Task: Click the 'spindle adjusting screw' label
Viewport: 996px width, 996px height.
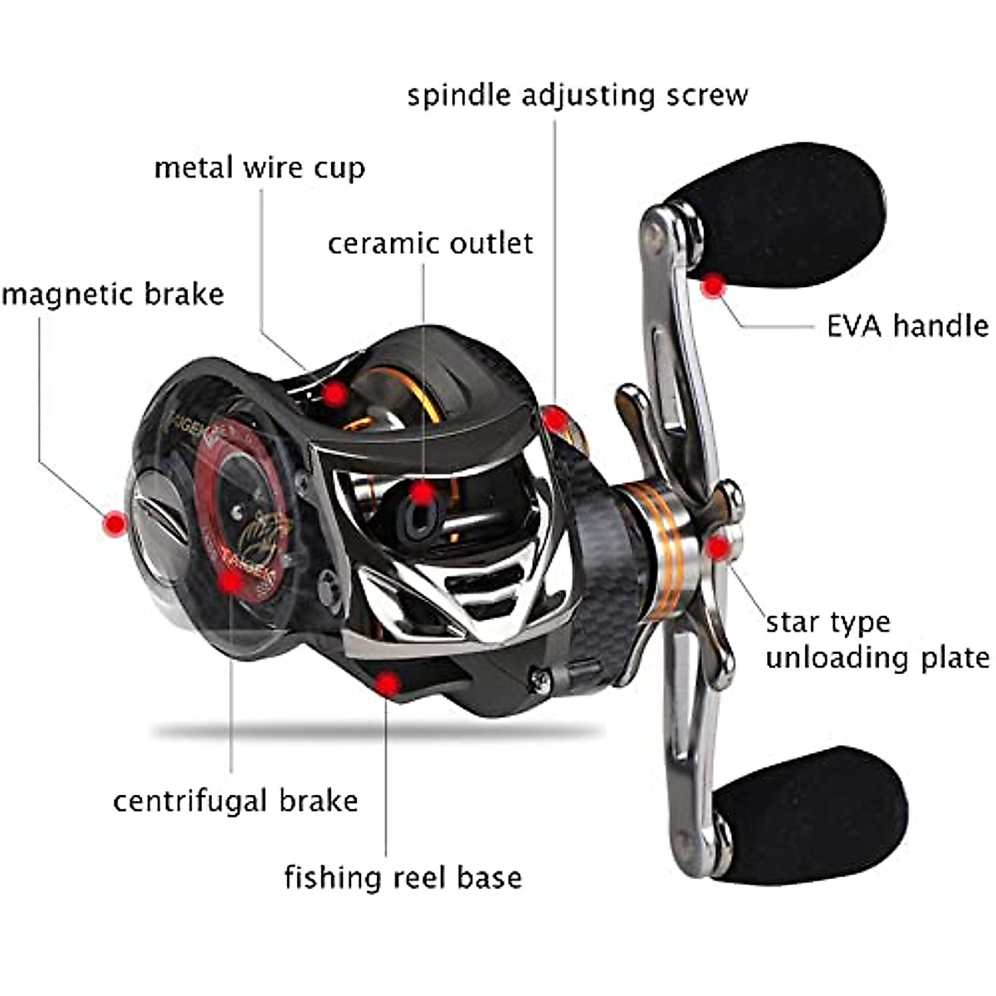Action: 578,95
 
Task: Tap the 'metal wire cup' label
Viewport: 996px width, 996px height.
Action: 260,168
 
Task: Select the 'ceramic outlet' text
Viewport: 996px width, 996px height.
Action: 430,244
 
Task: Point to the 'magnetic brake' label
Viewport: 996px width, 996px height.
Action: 113,295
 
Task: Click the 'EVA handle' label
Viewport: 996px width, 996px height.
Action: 907,325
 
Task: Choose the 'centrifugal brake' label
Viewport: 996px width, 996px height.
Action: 236,801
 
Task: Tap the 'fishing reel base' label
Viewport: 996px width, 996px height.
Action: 403,877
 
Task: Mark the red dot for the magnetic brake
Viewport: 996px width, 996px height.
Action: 114,523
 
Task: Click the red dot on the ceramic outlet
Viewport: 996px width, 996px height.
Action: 424,495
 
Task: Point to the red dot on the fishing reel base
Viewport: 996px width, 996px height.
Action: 387,684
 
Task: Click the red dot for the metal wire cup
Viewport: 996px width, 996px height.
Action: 334,393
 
